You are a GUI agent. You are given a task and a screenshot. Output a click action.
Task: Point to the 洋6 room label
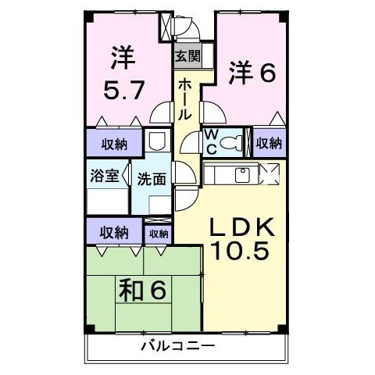point(252,74)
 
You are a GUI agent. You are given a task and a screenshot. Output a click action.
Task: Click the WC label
point(211,142)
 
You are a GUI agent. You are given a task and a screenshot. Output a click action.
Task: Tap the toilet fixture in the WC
point(231,143)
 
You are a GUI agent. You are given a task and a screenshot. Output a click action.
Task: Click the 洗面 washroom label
point(152,179)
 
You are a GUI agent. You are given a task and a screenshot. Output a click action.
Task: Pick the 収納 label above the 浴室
point(114,143)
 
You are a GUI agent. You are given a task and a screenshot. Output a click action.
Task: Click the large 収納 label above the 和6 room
point(114,232)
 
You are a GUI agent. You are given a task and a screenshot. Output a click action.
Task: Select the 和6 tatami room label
point(143,291)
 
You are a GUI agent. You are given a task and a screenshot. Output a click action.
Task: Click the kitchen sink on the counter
point(241,173)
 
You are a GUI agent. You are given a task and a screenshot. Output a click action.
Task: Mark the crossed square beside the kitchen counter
point(269,173)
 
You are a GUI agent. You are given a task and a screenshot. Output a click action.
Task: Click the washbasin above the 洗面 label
point(156,143)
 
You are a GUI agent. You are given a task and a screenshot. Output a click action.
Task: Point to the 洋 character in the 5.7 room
point(123,57)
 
